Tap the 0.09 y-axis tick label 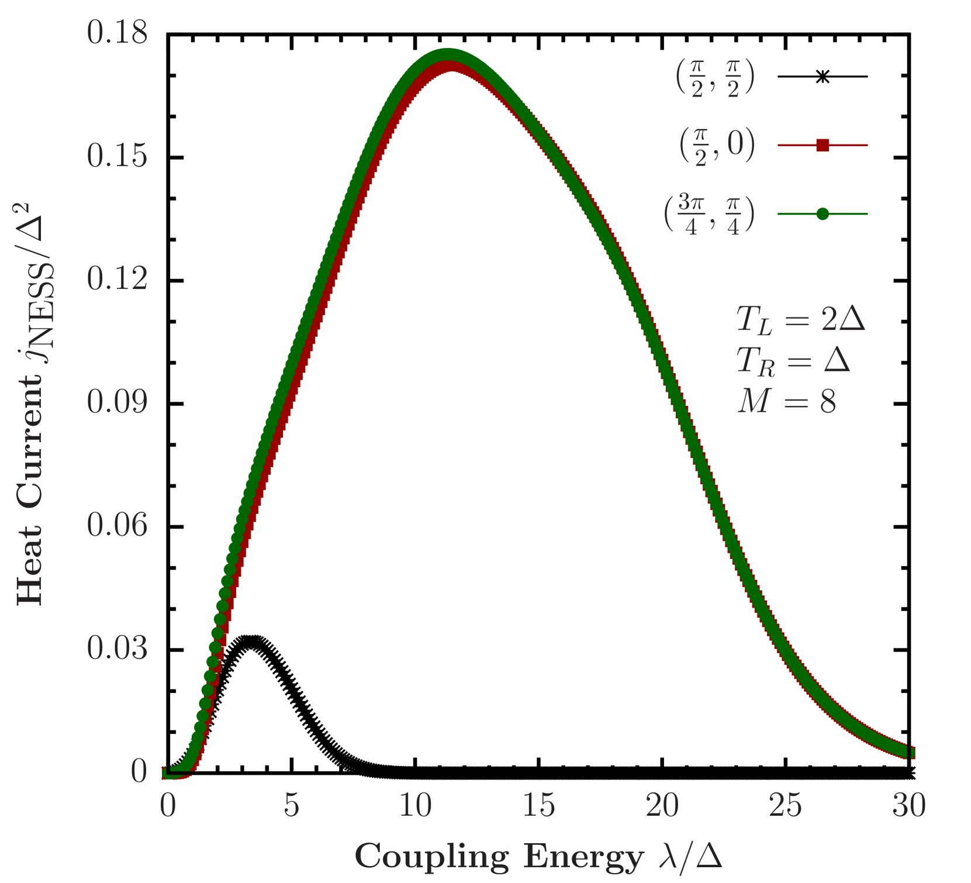pos(117,402)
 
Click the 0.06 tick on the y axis pos(117,525)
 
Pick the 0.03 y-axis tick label pos(117,648)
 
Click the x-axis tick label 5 pos(291,805)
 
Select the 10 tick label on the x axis pos(415,805)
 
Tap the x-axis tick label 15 pos(538,805)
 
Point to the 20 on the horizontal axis pos(662,805)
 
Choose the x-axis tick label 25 pos(785,805)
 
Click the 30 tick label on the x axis pos(908,805)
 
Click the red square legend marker pos(823,145)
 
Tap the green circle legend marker pos(823,214)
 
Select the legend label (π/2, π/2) pos(715,78)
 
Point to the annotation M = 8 pos(786,402)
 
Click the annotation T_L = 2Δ pos(800,320)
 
